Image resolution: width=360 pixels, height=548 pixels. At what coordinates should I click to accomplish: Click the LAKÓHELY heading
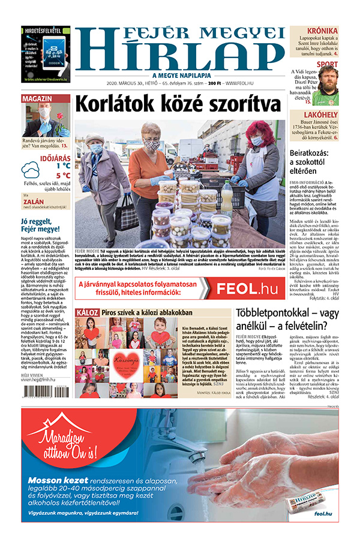click(x=320, y=114)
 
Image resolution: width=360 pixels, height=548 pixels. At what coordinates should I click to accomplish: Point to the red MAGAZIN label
click(x=38, y=98)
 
